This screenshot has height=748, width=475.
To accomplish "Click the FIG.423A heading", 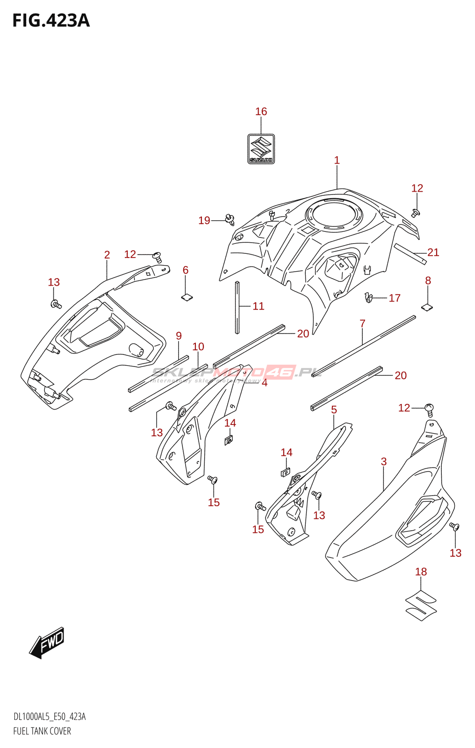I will click(50, 21).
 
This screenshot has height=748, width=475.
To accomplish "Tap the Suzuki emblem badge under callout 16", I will click(261, 149).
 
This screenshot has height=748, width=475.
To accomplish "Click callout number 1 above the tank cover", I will click(337, 160).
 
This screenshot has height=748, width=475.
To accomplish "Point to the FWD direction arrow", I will click(47, 642).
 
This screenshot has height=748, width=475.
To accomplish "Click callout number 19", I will click(204, 221).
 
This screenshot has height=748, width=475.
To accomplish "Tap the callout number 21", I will click(433, 252).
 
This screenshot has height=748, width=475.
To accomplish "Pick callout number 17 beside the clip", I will click(395, 298).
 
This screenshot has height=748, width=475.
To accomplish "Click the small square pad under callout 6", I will click(187, 296).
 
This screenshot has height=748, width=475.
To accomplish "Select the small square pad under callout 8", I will click(427, 307).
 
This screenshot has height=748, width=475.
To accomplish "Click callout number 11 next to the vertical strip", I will click(259, 306).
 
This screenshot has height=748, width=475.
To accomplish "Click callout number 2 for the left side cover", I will click(107, 255).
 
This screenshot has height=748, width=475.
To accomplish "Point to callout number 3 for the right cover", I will click(384, 462).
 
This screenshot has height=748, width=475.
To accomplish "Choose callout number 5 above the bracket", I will click(334, 410).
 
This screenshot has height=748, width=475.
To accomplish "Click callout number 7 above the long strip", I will click(362, 324).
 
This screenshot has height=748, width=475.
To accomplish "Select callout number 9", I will click(179, 336).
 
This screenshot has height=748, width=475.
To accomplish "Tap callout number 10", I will click(198, 347).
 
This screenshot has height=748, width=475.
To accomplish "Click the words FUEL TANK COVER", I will click(42, 731).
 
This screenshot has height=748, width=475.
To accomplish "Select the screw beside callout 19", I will click(230, 219).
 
